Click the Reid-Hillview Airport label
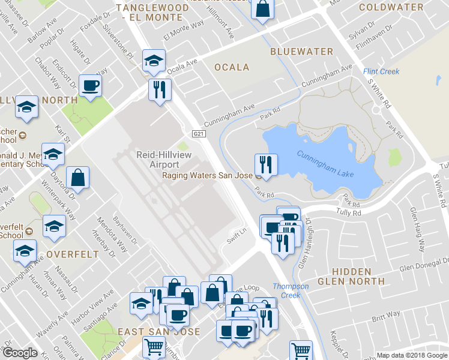(x=157, y=160)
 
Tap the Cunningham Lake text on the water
(x=325, y=164)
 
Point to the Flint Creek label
(x=381, y=72)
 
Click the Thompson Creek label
(x=291, y=290)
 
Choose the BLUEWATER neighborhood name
(x=301, y=52)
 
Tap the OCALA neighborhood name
(x=232, y=67)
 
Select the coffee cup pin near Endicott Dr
(x=90, y=85)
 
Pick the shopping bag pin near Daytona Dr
(x=78, y=178)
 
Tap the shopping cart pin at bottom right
(x=301, y=350)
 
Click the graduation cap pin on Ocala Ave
(x=154, y=60)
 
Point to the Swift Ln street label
(x=237, y=232)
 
